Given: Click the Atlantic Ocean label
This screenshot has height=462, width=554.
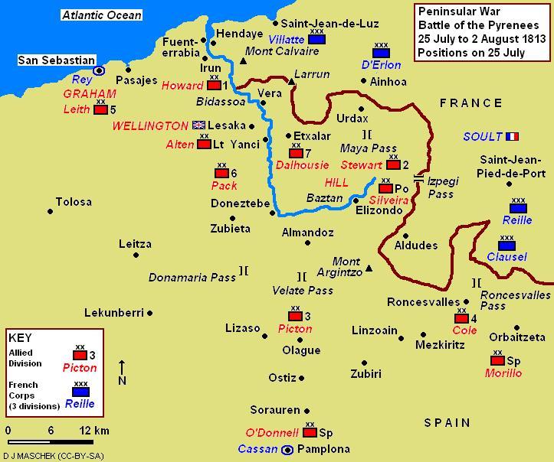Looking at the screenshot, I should tap(101, 15).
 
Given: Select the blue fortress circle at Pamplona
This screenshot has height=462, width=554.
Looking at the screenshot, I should tap(288, 449).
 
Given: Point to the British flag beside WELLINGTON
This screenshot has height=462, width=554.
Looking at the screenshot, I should tap(200, 125).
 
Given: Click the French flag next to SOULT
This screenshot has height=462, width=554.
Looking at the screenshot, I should tap(512, 137).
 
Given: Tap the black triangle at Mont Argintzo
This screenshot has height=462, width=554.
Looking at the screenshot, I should tap(369, 268).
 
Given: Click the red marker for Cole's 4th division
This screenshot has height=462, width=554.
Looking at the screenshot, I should tap(461, 318).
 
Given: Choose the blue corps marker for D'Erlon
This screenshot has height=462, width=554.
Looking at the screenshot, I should tap(381, 53).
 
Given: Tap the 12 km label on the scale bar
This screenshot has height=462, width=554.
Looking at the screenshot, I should tap(93, 431).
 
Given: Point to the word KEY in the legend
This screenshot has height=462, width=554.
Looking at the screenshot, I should tap(20, 337).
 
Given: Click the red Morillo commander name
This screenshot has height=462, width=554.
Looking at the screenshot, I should tap(503, 373).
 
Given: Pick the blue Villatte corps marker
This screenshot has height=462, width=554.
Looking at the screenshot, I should tap(316, 39).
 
